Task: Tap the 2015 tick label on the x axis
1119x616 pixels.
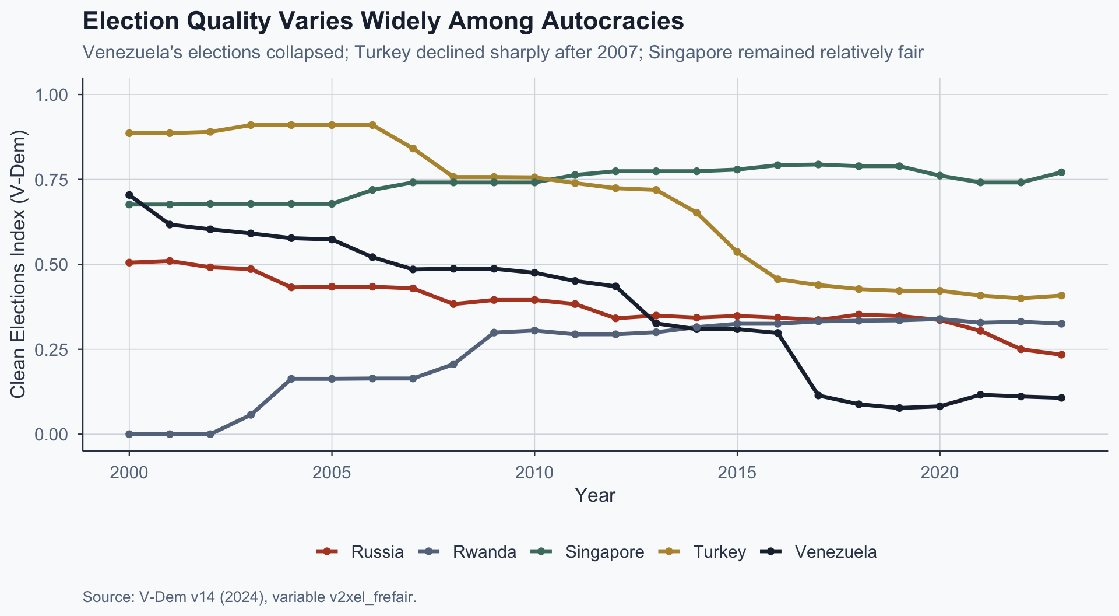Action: click(x=737, y=472)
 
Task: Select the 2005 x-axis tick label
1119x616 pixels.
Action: click(x=332, y=472)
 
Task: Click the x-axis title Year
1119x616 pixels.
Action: click(x=594, y=495)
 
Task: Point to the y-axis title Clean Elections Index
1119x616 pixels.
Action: click(x=19, y=264)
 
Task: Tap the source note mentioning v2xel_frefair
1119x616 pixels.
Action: click(x=249, y=597)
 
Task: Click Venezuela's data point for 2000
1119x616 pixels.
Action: click(x=129, y=195)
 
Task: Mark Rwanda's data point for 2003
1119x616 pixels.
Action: click(x=251, y=415)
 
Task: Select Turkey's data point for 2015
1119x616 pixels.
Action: click(x=737, y=252)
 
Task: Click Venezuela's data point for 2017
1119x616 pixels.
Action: click(x=818, y=395)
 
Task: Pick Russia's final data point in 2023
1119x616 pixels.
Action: click(x=1061, y=355)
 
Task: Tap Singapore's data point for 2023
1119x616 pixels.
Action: click(x=1061, y=172)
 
